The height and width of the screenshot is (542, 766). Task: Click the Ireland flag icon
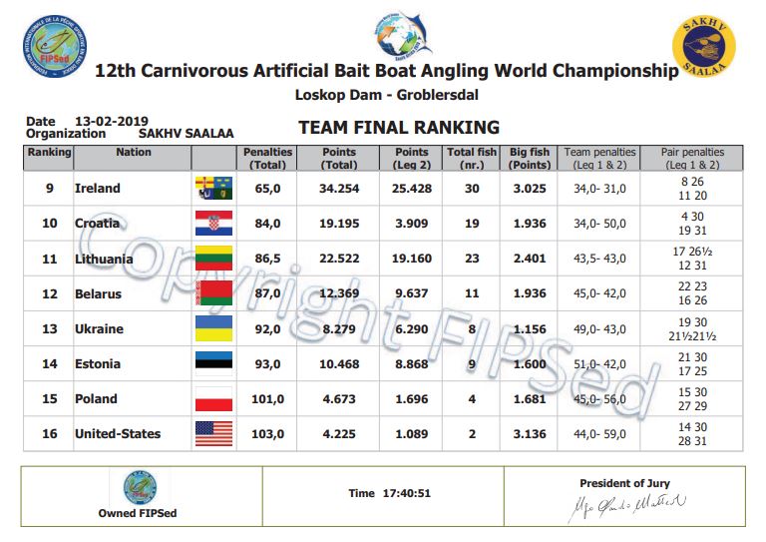click(213, 188)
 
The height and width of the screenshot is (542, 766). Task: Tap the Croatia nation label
click(98, 224)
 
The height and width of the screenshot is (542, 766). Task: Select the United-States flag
click(213, 434)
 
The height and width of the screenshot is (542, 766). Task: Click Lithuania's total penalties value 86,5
click(266, 259)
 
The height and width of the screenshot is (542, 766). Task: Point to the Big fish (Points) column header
click(530, 158)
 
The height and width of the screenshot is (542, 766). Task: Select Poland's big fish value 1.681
click(530, 399)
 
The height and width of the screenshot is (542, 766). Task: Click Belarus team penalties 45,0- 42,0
click(595, 293)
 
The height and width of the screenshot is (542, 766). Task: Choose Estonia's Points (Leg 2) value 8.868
click(411, 364)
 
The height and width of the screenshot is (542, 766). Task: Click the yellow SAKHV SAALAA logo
click(704, 43)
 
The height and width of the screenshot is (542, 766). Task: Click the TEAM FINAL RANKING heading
click(398, 128)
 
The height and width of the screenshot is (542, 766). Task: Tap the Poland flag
click(213, 399)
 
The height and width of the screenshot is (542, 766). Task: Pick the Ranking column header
click(48, 153)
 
